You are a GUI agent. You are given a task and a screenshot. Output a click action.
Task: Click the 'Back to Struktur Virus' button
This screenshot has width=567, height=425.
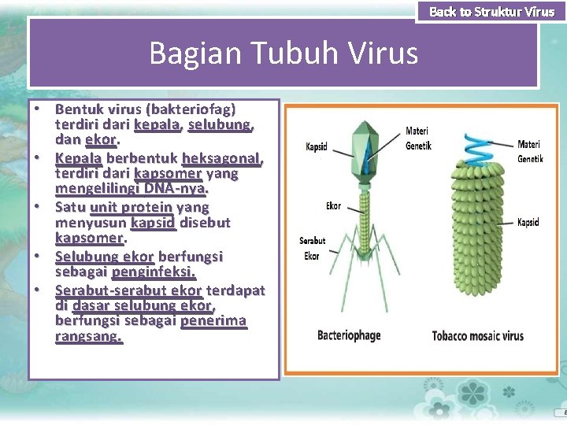pos(491,12)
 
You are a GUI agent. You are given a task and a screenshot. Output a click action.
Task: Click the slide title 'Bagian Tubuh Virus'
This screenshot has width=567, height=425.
pos(283,54)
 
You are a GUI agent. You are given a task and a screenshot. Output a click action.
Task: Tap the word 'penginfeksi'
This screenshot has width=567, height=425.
pos(153,272)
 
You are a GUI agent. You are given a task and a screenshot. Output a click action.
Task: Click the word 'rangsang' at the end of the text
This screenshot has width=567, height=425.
pos(87,337)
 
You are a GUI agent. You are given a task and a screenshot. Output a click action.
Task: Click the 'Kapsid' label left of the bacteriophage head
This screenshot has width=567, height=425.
pos(317,147)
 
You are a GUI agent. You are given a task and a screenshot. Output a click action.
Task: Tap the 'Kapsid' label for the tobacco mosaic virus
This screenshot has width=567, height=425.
pos(528,223)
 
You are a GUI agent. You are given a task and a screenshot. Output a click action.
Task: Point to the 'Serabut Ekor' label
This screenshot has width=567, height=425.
pos(312,248)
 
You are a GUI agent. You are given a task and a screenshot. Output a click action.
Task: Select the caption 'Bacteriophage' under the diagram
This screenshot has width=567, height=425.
pos(348,335)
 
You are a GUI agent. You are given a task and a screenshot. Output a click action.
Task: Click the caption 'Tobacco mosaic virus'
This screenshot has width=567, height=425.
pos(477,336)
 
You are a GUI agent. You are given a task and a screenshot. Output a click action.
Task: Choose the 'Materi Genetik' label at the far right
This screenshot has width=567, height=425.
pos(529,151)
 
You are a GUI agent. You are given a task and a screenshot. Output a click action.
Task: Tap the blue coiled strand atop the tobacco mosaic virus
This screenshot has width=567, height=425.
pos(476,147)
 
